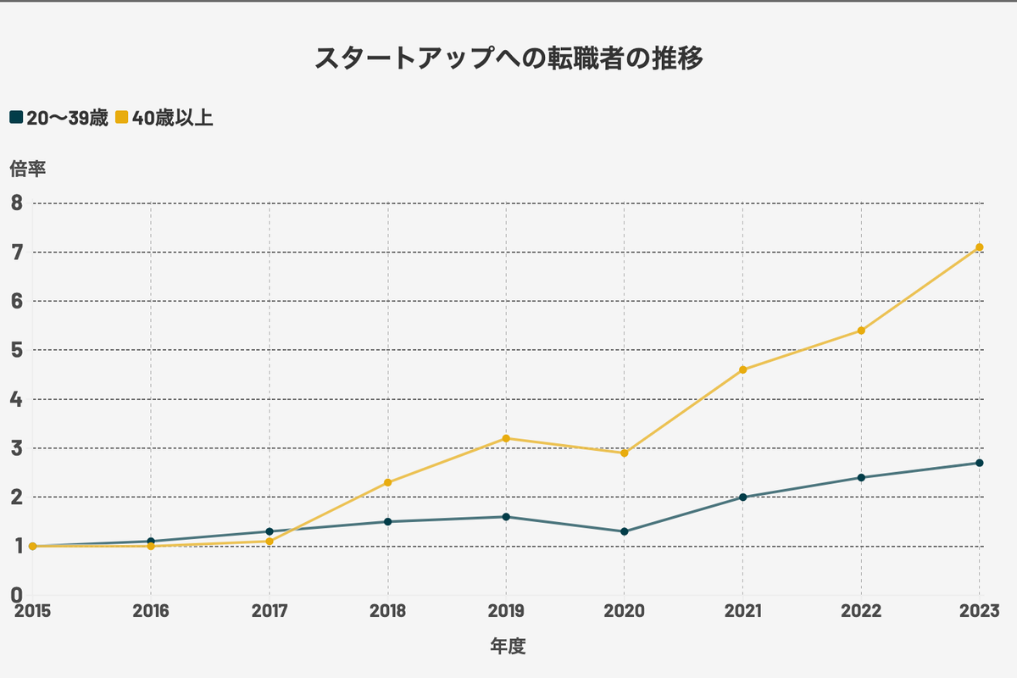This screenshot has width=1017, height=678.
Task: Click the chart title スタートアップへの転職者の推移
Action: (508, 58)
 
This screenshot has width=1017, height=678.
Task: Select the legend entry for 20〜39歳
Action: (58, 118)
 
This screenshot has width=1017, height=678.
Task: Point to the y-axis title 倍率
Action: (27, 169)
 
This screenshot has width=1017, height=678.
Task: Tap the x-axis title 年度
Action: (508, 647)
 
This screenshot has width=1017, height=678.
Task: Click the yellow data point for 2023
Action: (980, 247)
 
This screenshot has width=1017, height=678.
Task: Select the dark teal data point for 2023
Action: (980, 463)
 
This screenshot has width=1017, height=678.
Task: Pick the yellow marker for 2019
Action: (506, 438)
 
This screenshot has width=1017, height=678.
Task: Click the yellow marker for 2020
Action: (625, 453)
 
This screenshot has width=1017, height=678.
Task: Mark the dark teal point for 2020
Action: (625, 531)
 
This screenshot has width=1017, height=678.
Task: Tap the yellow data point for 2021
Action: (743, 370)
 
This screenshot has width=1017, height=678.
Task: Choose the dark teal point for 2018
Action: (388, 521)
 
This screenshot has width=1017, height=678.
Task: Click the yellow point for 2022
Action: (862, 331)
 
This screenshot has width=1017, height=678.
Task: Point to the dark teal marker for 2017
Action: (270, 531)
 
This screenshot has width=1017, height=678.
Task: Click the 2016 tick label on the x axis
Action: (151, 611)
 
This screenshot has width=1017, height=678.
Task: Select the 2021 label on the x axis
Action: (743, 611)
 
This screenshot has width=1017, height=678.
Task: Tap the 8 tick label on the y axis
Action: (17, 203)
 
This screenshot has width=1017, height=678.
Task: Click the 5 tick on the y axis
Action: (17, 350)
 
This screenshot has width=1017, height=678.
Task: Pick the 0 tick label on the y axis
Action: (17, 595)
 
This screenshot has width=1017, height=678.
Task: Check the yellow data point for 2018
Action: (388, 482)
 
